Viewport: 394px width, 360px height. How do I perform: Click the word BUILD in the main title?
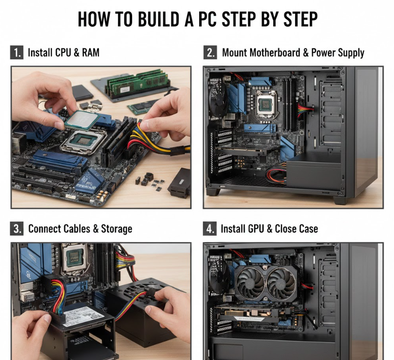point(159,19)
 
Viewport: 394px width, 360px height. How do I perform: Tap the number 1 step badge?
point(17,52)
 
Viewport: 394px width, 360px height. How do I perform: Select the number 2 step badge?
point(210,52)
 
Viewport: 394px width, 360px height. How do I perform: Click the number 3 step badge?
point(17,229)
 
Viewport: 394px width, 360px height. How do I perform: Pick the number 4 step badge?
point(209,229)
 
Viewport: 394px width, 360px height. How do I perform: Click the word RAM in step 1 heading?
point(91,53)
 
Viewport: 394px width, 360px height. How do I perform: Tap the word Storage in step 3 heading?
point(116,229)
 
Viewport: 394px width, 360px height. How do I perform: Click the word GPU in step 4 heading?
point(256,229)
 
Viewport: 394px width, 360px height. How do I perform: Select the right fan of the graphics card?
point(281,282)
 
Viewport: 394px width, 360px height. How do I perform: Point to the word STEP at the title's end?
point(301,19)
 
